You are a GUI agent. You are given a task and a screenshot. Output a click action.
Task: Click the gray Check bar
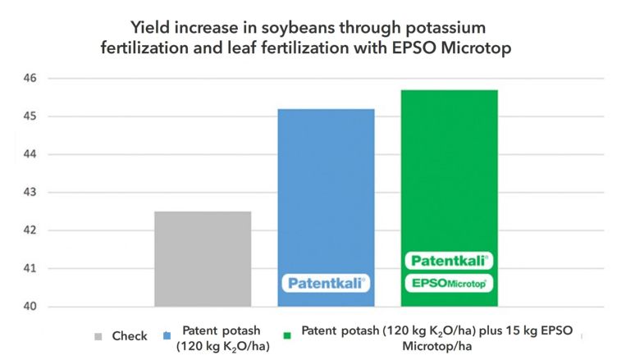(x=203, y=258)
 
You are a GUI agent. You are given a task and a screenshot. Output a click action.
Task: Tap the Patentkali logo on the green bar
(x=449, y=261)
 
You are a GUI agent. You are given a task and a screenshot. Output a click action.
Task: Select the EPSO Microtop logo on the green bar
(x=449, y=283)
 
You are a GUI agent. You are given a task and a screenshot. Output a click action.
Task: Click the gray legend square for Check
(x=98, y=336)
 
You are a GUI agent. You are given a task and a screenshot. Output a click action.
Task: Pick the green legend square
(x=287, y=336)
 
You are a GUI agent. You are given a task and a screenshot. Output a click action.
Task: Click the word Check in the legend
(x=130, y=336)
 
